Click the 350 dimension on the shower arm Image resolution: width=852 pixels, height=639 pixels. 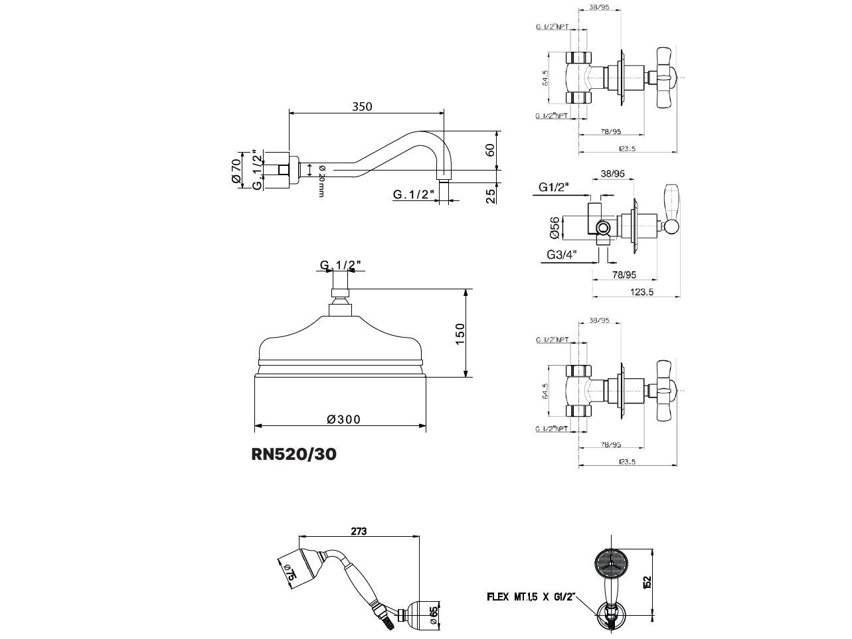pyautogui.click(x=362, y=106)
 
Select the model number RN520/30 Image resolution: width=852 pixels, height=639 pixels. pyautogui.click(x=294, y=455)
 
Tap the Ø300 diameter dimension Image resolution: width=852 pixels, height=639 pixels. pyautogui.click(x=343, y=419)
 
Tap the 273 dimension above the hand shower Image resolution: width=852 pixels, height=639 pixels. pyautogui.click(x=359, y=532)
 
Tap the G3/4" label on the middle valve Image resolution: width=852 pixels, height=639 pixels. pyautogui.click(x=562, y=255)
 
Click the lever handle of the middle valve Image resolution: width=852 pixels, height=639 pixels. pyautogui.click(x=671, y=209)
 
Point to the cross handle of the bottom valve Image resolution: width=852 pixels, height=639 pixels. pyautogui.click(x=665, y=391)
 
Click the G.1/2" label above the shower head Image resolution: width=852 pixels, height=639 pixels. pyautogui.click(x=341, y=265)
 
